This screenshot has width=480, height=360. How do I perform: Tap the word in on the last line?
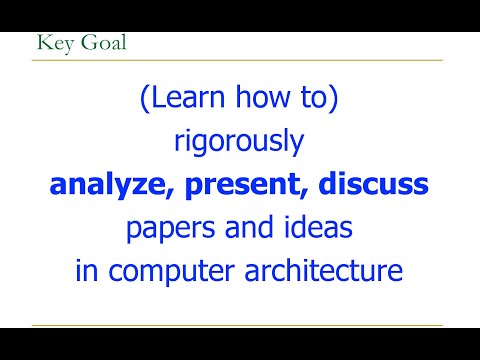87,270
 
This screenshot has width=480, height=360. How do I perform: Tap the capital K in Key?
41,43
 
